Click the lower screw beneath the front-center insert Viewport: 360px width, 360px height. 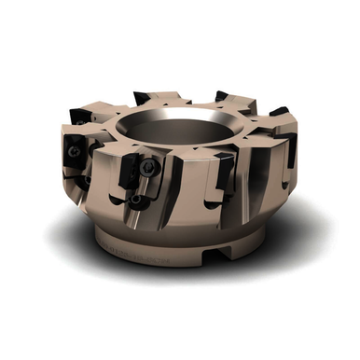[137, 200]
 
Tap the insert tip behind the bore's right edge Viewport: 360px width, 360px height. [222, 95]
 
